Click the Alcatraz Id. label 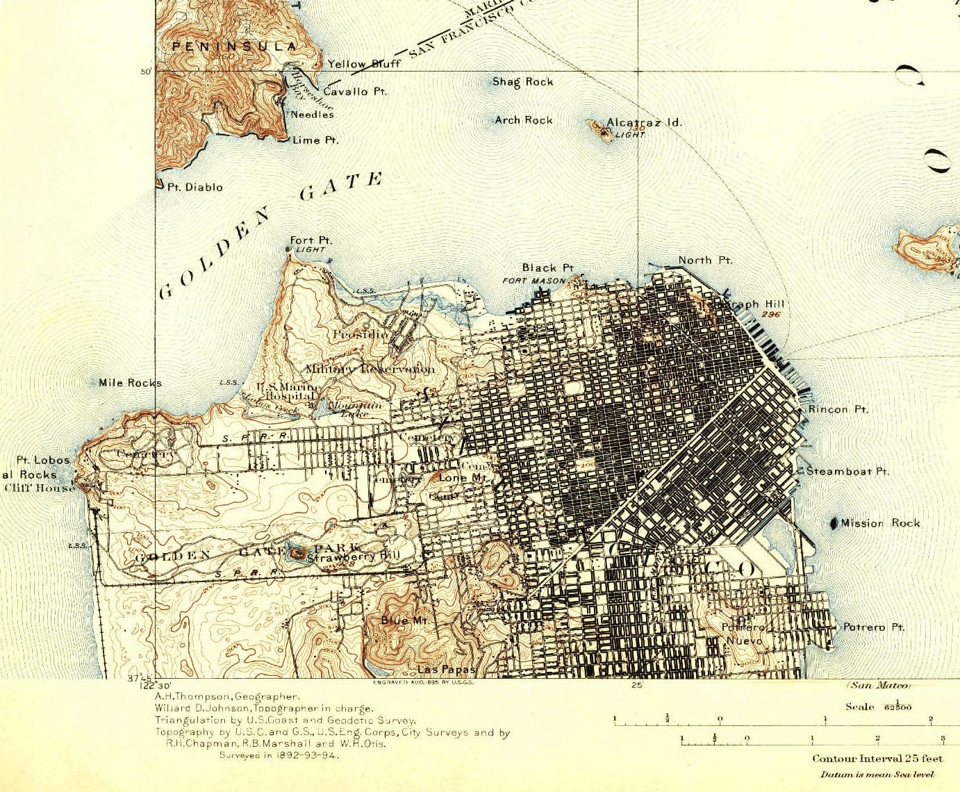[644, 122]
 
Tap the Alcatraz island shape [597, 127]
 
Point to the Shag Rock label [522, 82]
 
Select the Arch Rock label [523, 120]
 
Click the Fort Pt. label [311, 240]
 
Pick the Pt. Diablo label [195, 187]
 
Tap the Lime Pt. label [315, 140]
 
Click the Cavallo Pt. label [355, 91]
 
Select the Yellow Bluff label [364, 64]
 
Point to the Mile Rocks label [130, 383]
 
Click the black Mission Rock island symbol [834, 522]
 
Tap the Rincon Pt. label [838, 410]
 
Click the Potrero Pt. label [873, 627]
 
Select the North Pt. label [704, 260]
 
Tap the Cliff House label [40, 487]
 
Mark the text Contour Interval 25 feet [877, 759]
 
